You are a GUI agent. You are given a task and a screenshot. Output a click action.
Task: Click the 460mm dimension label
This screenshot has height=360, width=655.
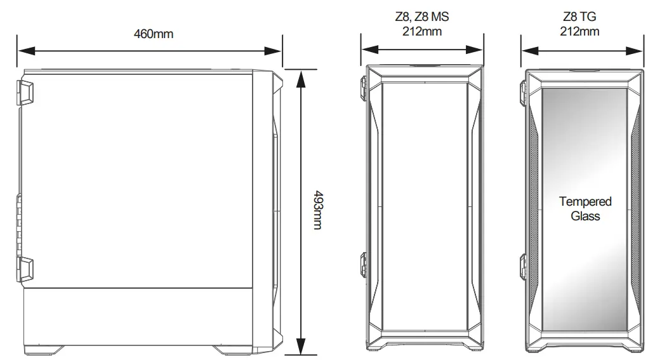pyautogui.click(x=153, y=34)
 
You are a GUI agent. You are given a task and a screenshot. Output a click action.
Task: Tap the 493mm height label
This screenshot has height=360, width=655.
pyautogui.click(x=317, y=210)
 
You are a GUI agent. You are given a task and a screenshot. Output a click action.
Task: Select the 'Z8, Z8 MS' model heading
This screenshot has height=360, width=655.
pyautogui.click(x=422, y=18)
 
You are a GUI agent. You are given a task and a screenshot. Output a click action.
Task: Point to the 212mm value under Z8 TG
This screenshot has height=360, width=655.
pyautogui.click(x=579, y=31)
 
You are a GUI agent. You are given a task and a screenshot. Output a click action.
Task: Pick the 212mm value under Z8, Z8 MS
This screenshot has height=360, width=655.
pyautogui.click(x=422, y=31)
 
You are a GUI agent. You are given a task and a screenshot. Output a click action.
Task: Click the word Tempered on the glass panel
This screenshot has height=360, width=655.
pyautogui.click(x=585, y=201)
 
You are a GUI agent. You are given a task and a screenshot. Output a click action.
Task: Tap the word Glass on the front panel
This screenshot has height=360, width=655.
pyautogui.click(x=585, y=216)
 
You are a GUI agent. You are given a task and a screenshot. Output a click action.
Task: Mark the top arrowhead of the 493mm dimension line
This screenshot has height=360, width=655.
pyautogui.click(x=301, y=74)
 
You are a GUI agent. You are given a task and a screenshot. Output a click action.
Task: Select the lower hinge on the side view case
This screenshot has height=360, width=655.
pyautogui.click(x=25, y=269)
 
